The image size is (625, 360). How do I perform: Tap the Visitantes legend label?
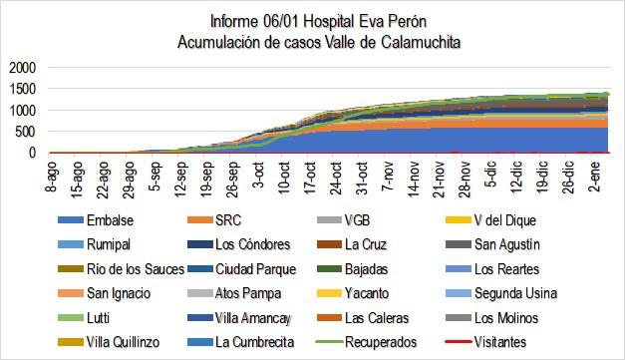click(509, 342)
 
